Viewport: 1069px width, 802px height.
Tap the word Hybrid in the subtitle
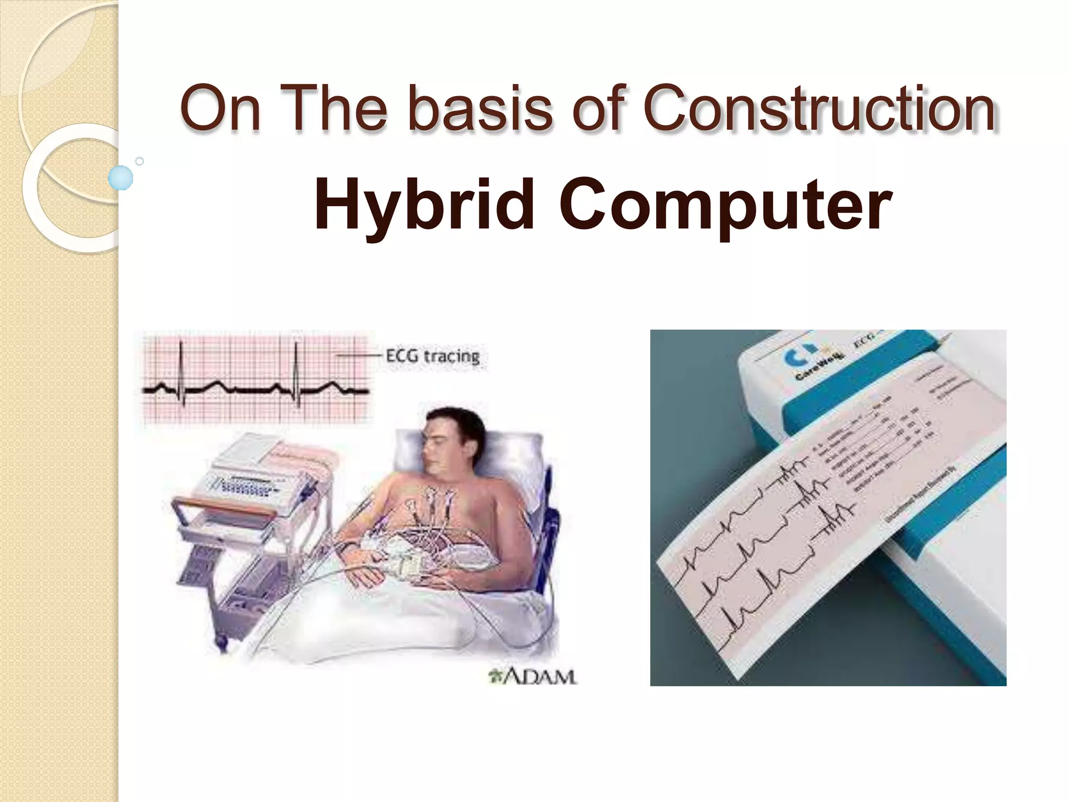424,205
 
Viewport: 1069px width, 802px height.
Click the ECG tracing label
432,357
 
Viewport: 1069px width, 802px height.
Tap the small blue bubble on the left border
121,178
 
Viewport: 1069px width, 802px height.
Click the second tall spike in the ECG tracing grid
296,365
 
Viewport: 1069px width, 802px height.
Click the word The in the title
337,109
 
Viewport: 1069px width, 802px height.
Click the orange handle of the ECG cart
224,504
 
